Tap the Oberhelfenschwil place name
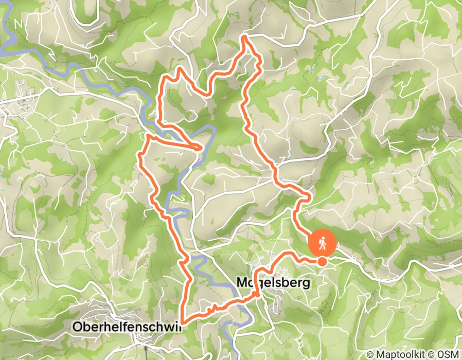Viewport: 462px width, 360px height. pos(127,327)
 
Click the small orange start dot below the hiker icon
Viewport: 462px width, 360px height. pos(322,262)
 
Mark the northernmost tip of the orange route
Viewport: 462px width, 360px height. pos(244,37)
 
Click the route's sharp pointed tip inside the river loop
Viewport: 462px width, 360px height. pos(201,149)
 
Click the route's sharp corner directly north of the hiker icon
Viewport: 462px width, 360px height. pos(309,196)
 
